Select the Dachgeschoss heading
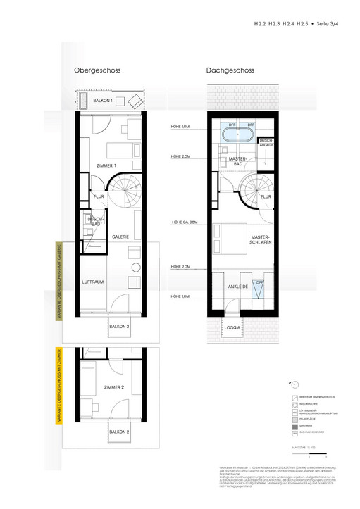click(x=230, y=71)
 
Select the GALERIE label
click(x=120, y=237)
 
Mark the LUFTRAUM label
click(x=93, y=282)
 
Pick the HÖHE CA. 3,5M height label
click(x=185, y=222)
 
